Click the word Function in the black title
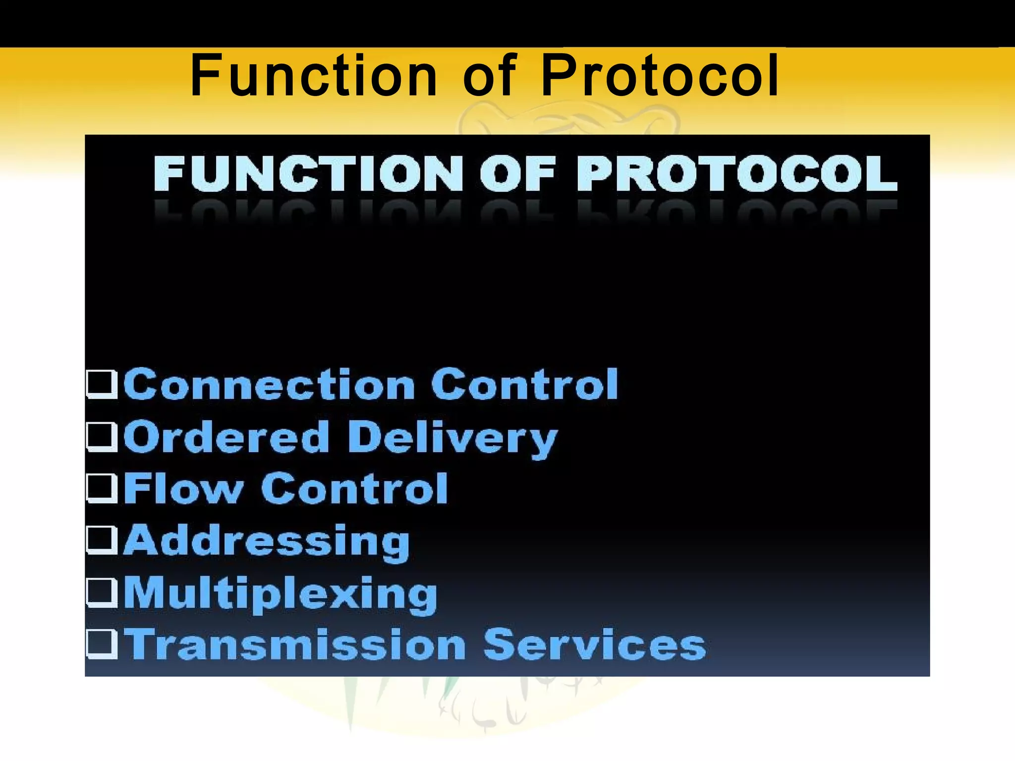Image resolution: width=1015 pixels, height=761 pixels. [313, 75]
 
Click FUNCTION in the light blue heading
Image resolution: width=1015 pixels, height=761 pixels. [308, 173]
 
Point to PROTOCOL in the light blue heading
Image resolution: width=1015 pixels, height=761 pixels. [736, 173]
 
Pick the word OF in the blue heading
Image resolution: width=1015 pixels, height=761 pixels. [517, 173]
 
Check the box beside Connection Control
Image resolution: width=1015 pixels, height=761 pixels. [102, 385]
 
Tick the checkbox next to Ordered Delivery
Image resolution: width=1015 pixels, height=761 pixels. [102, 437]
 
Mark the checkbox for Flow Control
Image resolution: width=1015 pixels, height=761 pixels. [102, 489]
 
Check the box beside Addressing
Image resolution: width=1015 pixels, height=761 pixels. [102, 541]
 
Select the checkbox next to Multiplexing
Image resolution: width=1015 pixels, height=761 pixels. [102, 593]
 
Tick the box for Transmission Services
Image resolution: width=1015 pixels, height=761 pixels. [102, 645]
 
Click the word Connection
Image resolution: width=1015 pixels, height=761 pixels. [269, 384]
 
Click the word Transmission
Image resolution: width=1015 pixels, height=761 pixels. [295, 645]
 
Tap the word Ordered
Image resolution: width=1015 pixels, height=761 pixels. [226, 437]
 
